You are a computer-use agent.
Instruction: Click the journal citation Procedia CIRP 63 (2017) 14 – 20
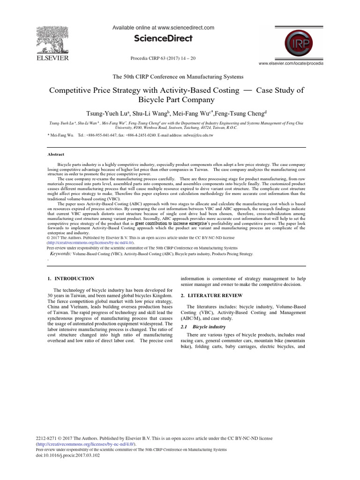163,58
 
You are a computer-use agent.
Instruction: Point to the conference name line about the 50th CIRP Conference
177,76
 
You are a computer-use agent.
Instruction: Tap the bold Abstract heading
56,154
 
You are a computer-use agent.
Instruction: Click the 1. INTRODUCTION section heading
71,278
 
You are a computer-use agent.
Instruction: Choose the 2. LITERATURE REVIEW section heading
211,296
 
